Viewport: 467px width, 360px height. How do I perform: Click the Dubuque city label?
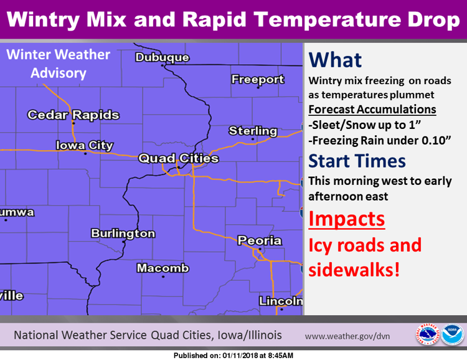(x=163, y=57)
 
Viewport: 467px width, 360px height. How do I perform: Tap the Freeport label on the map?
(x=258, y=79)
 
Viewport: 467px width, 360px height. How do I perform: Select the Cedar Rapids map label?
(x=73, y=115)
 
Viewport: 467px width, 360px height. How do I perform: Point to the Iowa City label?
(x=85, y=145)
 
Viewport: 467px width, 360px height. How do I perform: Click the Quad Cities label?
(x=179, y=158)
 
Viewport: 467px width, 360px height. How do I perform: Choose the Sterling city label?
(x=253, y=131)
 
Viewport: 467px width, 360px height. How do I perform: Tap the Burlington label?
(x=123, y=234)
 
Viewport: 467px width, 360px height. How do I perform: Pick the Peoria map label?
(x=260, y=240)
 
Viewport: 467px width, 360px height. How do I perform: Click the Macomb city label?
(x=163, y=268)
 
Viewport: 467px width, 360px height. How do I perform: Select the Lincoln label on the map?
(x=281, y=301)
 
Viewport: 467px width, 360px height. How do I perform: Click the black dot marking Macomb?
(x=163, y=277)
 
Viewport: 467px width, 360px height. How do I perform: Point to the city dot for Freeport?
(x=258, y=88)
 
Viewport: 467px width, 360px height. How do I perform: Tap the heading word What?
(x=335, y=60)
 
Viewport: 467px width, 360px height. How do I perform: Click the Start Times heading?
(x=357, y=161)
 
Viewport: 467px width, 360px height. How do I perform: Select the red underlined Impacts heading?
(x=347, y=219)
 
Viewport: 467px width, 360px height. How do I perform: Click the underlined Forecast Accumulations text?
(x=372, y=110)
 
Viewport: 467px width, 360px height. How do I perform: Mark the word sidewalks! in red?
(x=354, y=270)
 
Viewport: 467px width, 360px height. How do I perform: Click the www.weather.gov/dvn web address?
(x=347, y=336)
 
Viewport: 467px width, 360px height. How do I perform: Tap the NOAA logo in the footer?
(x=453, y=334)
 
